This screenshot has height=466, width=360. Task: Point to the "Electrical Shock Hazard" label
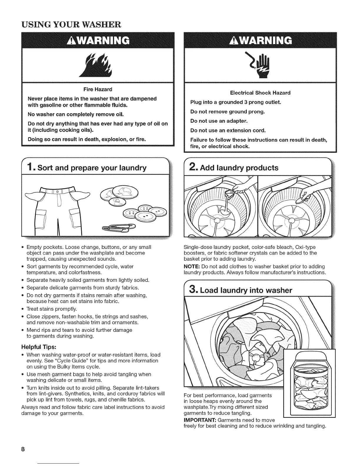pos(260,93)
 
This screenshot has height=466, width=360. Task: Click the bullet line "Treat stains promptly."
pos(52,309)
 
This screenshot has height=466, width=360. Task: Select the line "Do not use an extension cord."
pos(228,130)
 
